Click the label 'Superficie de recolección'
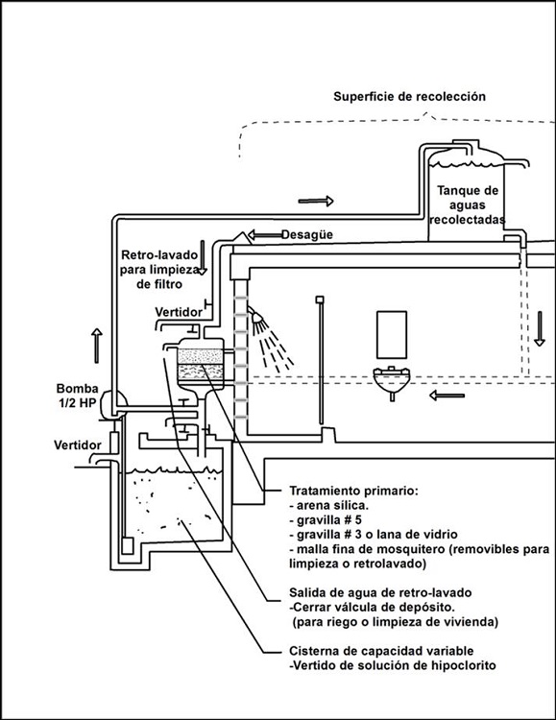click(x=409, y=97)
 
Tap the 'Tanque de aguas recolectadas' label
click(x=468, y=204)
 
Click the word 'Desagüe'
click(x=307, y=234)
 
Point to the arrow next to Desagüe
click(x=264, y=235)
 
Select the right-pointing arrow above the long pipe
click(x=316, y=201)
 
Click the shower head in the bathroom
click(x=257, y=317)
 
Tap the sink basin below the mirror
click(x=392, y=379)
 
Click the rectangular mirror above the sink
click(x=392, y=334)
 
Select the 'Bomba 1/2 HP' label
click(x=77, y=396)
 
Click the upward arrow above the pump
click(x=96, y=346)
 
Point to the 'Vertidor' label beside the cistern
click(x=77, y=444)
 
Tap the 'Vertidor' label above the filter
click(x=179, y=312)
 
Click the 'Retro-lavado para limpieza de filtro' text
click(x=159, y=270)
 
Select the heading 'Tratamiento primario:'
click(x=353, y=491)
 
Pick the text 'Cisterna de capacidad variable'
click(x=381, y=651)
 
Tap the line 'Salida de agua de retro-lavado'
click(x=380, y=592)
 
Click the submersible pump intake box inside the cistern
click(x=127, y=545)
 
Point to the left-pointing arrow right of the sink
click(x=447, y=396)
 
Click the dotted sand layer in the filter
click(x=200, y=356)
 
